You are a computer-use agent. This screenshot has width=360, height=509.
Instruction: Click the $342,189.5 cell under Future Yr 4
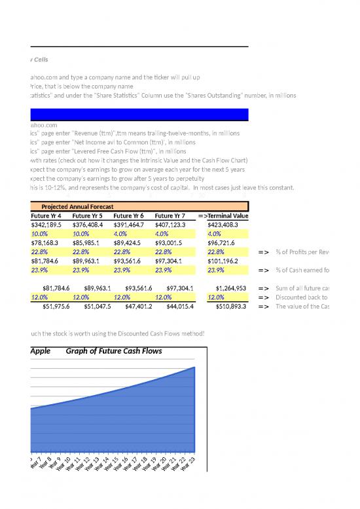point(48,224)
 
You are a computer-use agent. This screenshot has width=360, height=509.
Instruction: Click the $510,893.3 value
point(226,305)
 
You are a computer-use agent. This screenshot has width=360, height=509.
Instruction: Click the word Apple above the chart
point(41,352)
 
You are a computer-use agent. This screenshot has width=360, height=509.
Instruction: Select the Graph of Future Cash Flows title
point(114,352)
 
